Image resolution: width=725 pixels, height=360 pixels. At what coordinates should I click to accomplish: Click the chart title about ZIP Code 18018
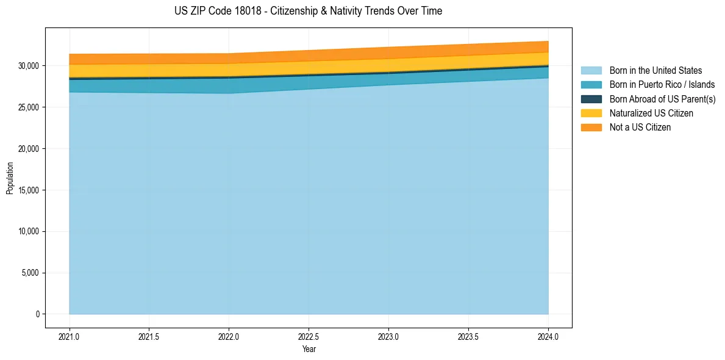[x=308, y=11]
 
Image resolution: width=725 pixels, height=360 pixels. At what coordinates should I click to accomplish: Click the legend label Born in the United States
[x=655, y=71]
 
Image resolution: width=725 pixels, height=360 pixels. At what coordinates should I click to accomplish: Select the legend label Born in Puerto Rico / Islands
[x=662, y=85]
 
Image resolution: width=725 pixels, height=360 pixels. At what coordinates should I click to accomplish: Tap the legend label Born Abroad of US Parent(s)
[x=662, y=99]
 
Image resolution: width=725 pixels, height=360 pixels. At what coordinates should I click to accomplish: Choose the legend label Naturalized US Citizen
[x=651, y=113]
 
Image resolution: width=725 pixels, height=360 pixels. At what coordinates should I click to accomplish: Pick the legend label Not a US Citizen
[x=640, y=128]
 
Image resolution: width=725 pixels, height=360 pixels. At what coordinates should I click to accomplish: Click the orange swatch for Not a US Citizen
[x=591, y=128]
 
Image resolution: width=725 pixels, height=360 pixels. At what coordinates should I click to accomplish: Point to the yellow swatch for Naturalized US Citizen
[x=591, y=113]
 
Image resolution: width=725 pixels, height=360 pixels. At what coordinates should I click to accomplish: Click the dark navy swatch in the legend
[x=591, y=99]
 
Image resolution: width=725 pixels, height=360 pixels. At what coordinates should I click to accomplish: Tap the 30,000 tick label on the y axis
[x=28, y=66]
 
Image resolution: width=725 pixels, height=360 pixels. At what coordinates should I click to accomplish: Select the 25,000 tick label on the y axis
[x=28, y=107]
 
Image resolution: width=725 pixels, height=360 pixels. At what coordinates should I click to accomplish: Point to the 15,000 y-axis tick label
[x=28, y=190]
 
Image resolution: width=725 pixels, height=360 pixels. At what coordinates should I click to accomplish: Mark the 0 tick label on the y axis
[x=37, y=314]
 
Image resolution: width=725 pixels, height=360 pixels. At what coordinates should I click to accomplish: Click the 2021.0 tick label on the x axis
[x=70, y=336]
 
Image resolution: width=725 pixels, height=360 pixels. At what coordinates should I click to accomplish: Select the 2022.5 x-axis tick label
[x=309, y=336]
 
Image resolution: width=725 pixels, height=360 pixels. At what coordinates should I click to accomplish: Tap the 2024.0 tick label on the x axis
[x=548, y=336]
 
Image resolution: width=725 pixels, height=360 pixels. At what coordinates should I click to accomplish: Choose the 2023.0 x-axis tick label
[x=388, y=336]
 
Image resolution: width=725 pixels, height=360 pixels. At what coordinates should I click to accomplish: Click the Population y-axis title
[x=10, y=178]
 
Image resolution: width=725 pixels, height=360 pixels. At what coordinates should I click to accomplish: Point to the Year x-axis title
[x=309, y=350]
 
